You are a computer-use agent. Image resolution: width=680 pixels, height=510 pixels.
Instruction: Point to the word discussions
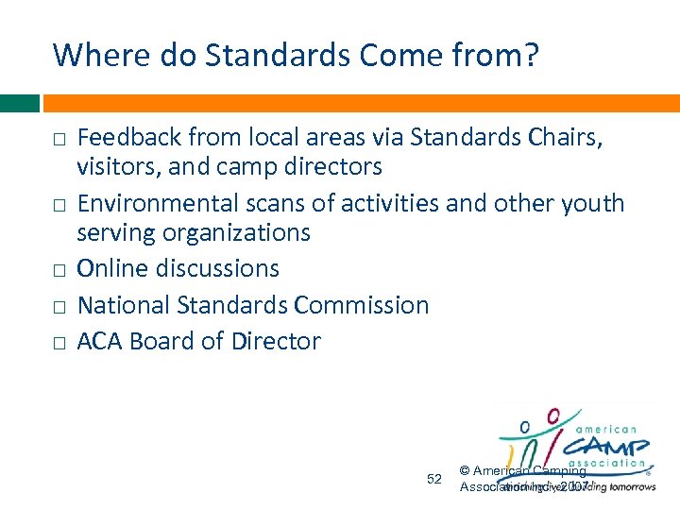215,268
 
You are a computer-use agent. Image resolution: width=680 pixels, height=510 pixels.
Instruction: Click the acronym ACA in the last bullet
99,341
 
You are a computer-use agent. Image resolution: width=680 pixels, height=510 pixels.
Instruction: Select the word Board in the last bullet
163,341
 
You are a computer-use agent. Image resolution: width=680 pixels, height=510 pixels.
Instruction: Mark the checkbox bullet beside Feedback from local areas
59,140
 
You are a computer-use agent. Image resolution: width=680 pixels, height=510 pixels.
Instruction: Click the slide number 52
434,479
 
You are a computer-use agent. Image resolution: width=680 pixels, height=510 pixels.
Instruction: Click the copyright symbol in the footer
465,471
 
